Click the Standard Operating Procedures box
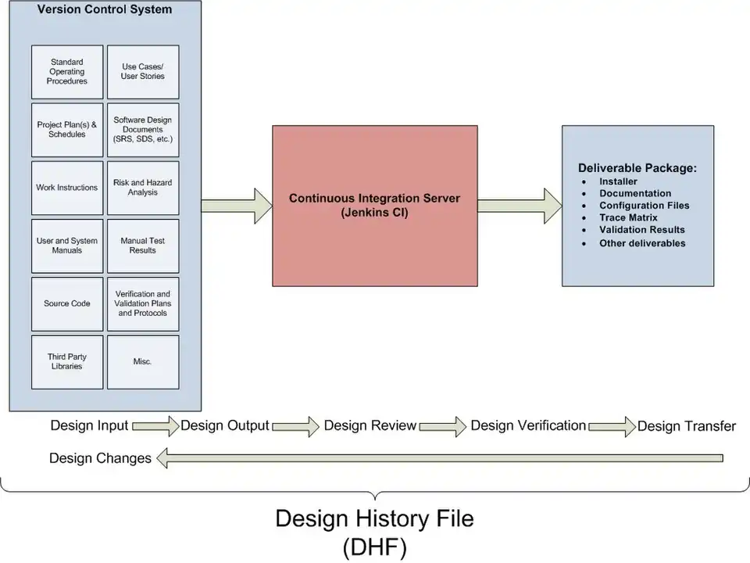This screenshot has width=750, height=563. [x=67, y=72]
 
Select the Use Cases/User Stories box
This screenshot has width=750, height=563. [x=143, y=72]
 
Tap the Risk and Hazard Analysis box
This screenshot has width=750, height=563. [x=143, y=188]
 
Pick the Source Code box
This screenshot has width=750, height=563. [x=67, y=303]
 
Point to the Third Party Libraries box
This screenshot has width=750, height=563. [x=67, y=362]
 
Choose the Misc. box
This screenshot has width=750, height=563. [x=143, y=362]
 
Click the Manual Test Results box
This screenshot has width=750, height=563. [x=143, y=246]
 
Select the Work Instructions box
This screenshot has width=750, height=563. [x=67, y=188]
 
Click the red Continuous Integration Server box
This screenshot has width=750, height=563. [x=374, y=206]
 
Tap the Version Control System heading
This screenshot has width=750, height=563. [x=105, y=10]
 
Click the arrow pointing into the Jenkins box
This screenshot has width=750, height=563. [x=236, y=206]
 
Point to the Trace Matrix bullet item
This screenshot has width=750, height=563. [x=628, y=217]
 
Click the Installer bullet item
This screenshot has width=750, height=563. [x=618, y=181]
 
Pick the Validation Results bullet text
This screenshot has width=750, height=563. [x=641, y=230]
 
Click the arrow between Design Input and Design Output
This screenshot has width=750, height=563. [x=155, y=426]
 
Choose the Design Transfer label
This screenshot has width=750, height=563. [x=686, y=426]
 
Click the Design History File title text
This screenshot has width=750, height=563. [x=374, y=518]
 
